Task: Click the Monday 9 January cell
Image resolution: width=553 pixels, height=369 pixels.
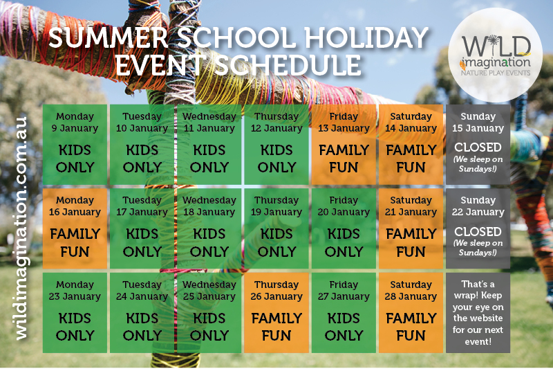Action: pyautogui.click(x=75, y=145)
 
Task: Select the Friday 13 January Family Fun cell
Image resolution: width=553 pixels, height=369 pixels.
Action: pyautogui.click(x=344, y=145)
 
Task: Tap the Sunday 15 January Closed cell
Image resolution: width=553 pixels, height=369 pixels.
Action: pyautogui.click(x=478, y=145)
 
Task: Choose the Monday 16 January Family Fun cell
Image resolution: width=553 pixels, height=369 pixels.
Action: pyautogui.click(x=75, y=228)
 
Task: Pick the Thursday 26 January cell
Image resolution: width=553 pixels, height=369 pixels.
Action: pyautogui.click(x=276, y=312)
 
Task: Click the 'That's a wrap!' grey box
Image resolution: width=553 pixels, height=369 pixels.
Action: pyautogui.click(x=478, y=312)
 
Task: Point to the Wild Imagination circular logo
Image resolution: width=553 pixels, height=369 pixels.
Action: pyautogui.click(x=495, y=55)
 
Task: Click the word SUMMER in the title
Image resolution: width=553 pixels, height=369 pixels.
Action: pyautogui.click(x=109, y=38)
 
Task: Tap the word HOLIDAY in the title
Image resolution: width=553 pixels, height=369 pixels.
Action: pyautogui.click(x=366, y=38)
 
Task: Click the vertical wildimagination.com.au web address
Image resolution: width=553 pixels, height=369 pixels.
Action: pyautogui.click(x=21, y=228)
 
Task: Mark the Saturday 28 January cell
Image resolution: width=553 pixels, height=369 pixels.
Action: pyautogui.click(x=411, y=312)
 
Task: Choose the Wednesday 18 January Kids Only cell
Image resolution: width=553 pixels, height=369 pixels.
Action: pyautogui.click(x=209, y=228)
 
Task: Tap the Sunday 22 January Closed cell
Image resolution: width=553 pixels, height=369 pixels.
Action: pyautogui.click(x=478, y=228)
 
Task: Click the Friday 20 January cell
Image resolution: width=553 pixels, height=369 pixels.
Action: pyautogui.click(x=344, y=228)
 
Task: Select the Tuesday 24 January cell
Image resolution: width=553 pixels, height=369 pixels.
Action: pyautogui.click(x=142, y=312)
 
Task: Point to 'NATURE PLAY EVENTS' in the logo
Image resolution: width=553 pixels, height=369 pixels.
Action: pyautogui.click(x=496, y=73)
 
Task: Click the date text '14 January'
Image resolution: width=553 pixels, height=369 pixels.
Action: pyautogui.click(x=411, y=129)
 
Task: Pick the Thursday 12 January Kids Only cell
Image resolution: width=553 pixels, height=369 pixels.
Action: pyautogui.click(x=276, y=145)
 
